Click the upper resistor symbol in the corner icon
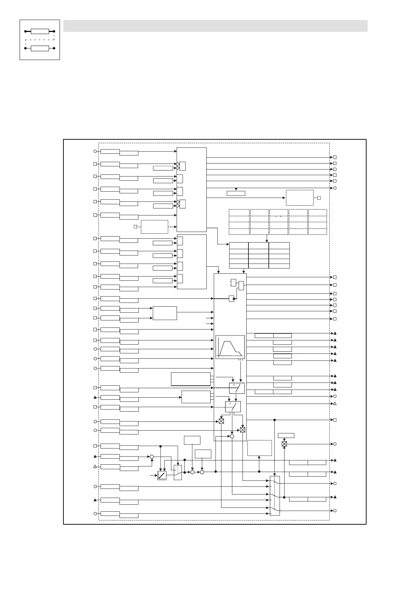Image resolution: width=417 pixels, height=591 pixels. (40, 31)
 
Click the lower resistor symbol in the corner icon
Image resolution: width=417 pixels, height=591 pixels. (40, 48)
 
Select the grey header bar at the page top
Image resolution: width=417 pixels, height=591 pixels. (215, 26)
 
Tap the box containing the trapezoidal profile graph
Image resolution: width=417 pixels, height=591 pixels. (230, 347)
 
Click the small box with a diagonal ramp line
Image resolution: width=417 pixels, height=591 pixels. (162, 476)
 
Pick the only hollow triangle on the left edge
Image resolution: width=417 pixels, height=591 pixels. (95, 466)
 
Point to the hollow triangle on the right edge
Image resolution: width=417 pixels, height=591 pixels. (335, 404)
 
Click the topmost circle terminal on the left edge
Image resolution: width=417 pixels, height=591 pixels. (95, 151)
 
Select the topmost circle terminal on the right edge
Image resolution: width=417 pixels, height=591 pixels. (335, 188)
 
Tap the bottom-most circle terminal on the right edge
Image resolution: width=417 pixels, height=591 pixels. (335, 511)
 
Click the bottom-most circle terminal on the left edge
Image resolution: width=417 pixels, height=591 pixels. (95, 513)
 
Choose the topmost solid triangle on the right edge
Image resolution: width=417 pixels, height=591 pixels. (335, 333)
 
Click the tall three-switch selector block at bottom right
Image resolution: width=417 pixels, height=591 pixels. (275, 496)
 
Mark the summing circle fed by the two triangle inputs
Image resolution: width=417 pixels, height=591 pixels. (152, 457)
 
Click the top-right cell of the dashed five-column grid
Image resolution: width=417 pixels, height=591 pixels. (317, 213)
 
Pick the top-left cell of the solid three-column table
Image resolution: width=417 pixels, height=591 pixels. (239, 245)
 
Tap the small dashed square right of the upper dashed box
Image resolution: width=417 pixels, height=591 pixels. (319, 198)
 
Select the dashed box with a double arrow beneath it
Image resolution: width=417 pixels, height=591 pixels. (259, 448)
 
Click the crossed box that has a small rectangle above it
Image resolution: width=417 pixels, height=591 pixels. (284, 444)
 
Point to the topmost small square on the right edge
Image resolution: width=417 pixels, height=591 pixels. (335, 158)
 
